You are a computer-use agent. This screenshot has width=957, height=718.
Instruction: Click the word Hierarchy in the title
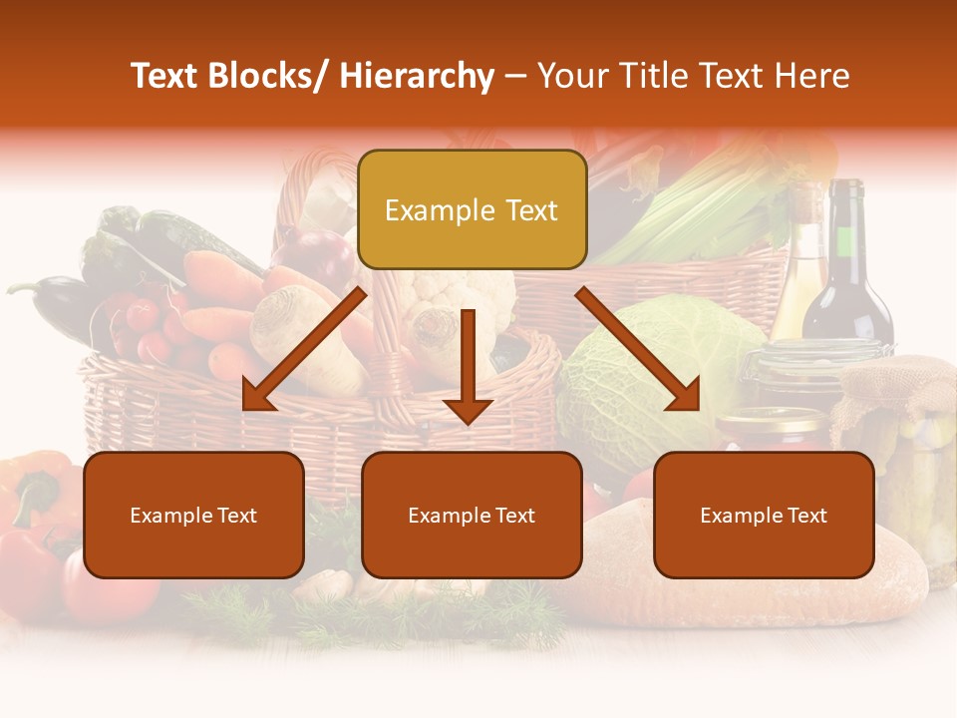point(417,77)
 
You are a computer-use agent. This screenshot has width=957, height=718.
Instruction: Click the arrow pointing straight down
point(468,369)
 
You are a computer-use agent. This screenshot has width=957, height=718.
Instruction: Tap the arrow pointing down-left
point(304,349)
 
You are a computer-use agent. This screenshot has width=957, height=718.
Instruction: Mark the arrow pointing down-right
point(638,349)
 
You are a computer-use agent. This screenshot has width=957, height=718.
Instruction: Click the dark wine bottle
point(847,269)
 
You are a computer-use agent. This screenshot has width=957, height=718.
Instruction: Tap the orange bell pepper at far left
point(35,489)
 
